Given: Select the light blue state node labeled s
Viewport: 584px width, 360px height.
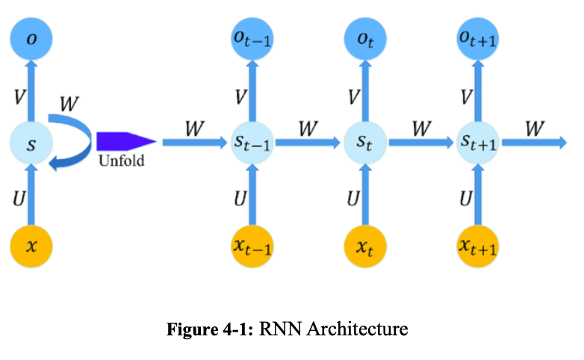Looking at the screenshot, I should (x=31, y=144).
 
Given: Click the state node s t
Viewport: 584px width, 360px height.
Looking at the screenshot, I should (x=364, y=144).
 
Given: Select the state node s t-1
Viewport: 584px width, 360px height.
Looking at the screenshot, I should (x=252, y=144).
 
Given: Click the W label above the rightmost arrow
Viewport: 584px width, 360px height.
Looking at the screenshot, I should (x=533, y=128).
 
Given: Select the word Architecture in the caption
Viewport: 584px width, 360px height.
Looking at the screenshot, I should (x=365, y=329).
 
